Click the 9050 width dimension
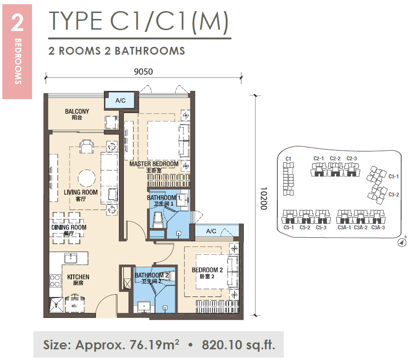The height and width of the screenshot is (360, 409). click(x=143, y=71)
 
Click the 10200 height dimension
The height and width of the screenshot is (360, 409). click(x=264, y=198)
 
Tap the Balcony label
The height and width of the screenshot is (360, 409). click(x=77, y=114)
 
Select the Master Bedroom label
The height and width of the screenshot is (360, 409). click(x=154, y=167)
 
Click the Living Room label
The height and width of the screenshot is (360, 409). click(x=81, y=195)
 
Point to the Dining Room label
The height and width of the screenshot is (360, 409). click(x=69, y=230)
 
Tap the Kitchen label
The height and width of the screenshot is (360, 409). click(x=78, y=279)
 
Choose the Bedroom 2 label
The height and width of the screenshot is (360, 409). click(x=207, y=273)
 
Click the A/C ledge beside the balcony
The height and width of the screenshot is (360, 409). click(x=121, y=101)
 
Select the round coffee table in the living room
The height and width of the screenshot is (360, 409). click(x=87, y=178)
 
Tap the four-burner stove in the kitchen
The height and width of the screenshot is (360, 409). click(x=55, y=281)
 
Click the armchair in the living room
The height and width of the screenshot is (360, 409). click(x=87, y=146)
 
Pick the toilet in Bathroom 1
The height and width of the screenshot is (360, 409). click(x=158, y=220)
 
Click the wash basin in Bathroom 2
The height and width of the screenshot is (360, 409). click(x=144, y=307)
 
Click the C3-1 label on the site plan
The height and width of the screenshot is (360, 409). click(x=393, y=177)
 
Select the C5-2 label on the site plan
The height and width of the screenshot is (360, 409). click(x=305, y=227)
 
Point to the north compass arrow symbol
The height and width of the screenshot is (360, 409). click(x=402, y=242)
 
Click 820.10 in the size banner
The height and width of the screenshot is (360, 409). click(x=222, y=345)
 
